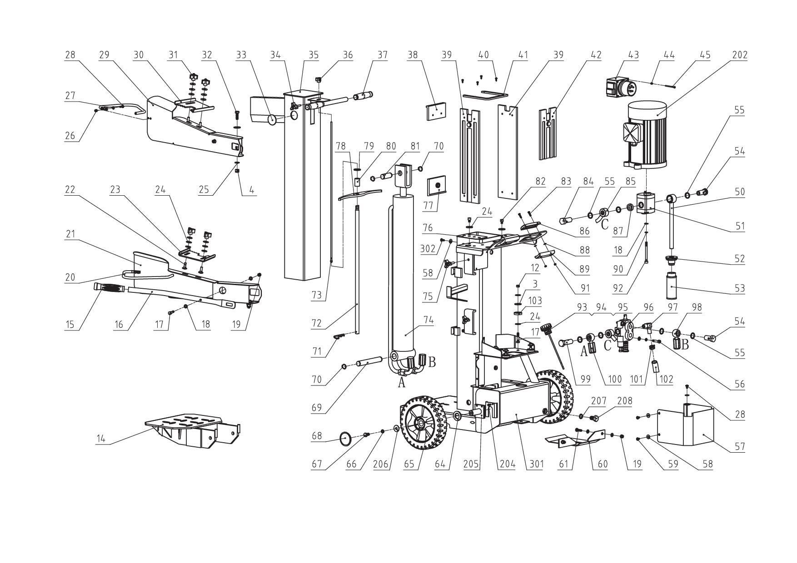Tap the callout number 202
740,55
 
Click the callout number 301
536,464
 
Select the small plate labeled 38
436,111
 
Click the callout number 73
316,296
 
